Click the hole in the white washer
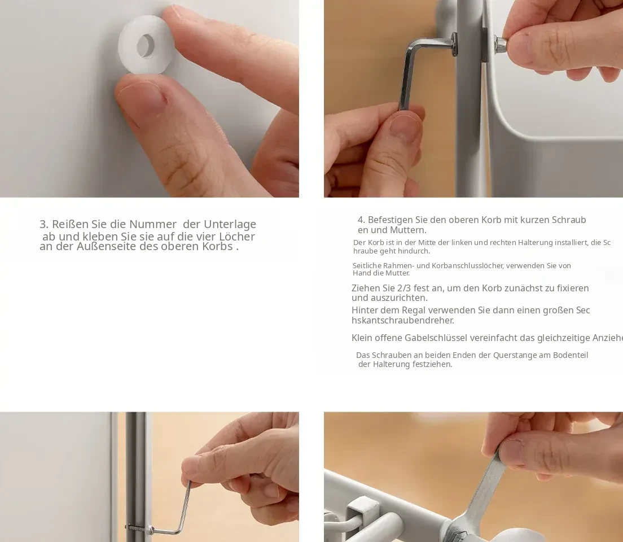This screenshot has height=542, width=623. click(x=146, y=45)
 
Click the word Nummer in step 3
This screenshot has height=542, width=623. click(x=153, y=224)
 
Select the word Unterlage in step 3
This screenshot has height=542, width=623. click(x=230, y=224)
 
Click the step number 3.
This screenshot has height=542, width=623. click(x=43, y=224)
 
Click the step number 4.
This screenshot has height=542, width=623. click(x=361, y=220)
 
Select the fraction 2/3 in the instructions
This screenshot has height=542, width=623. click(x=404, y=289)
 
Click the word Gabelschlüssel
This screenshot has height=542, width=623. click(x=436, y=338)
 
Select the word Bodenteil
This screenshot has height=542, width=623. click(x=571, y=355)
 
